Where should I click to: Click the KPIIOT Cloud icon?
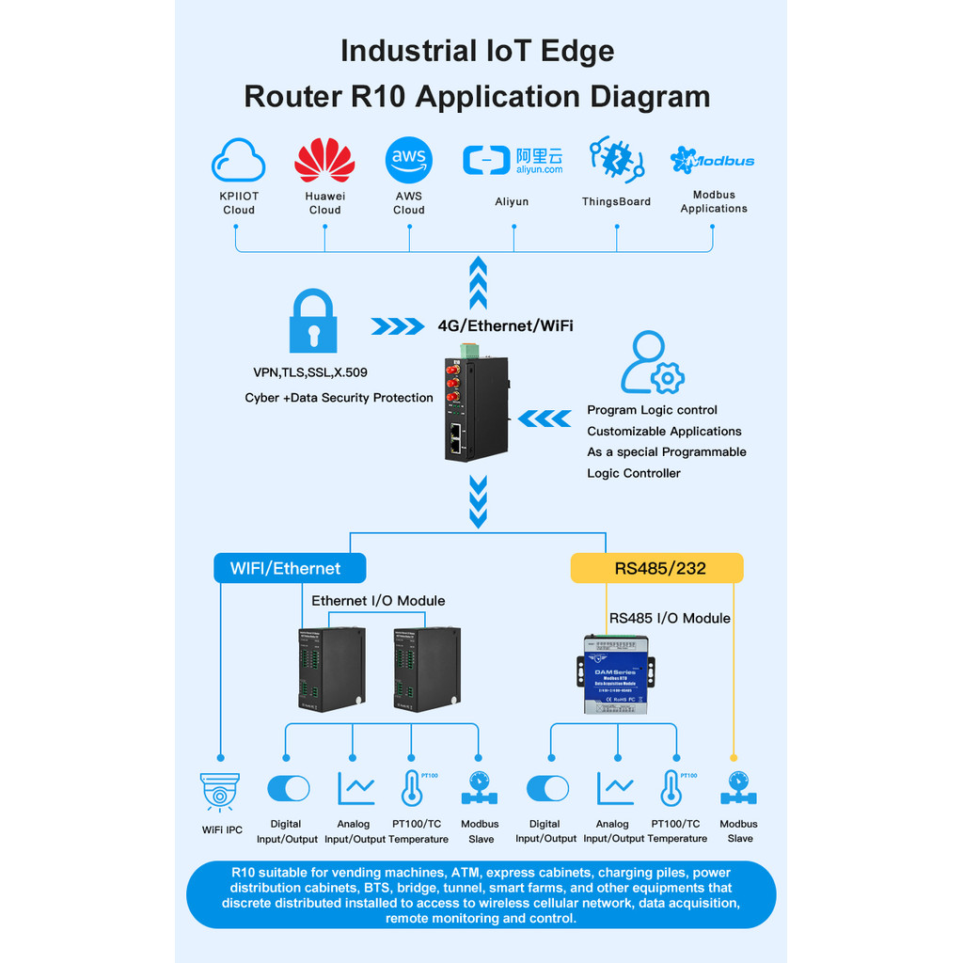pos(238,161)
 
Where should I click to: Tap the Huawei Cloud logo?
pos(324,161)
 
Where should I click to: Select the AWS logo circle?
pos(409,160)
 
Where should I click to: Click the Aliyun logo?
pos(513,161)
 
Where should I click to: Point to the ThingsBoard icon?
pos(616,160)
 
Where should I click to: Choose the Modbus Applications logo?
pos(713,161)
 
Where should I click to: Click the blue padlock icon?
pos(313,322)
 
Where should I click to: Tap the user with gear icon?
pos(652,363)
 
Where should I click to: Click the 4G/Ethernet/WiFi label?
pos(505,326)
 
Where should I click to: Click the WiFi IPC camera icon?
pos(220,791)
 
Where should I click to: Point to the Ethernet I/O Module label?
pos(378,601)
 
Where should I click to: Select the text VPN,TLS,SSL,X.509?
pos(310,372)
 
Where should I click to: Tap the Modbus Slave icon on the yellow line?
pos(738,790)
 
